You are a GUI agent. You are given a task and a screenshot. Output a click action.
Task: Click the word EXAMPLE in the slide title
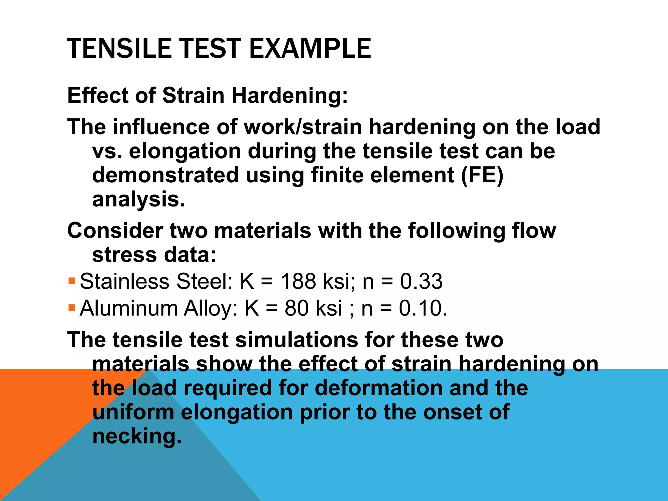pyautogui.click(x=310, y=48)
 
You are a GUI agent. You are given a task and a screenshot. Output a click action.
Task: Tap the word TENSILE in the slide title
pyautogui.click(x=119, y=48)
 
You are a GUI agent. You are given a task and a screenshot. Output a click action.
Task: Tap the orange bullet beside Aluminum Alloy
pyautogui.click(x=72, y=307)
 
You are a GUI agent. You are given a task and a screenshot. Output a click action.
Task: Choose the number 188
pyautogui.click(x=298, y=281)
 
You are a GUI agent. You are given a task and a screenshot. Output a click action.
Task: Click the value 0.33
pyautogui.click(x=421, y=281)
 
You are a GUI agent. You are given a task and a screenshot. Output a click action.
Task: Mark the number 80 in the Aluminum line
pyautogui.click(x=296, y=308)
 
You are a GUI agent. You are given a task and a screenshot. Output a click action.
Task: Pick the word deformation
pyautogui.click(x=378, y=388)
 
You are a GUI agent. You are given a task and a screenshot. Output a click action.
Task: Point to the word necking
pyautogui.click(x=136, y=436)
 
